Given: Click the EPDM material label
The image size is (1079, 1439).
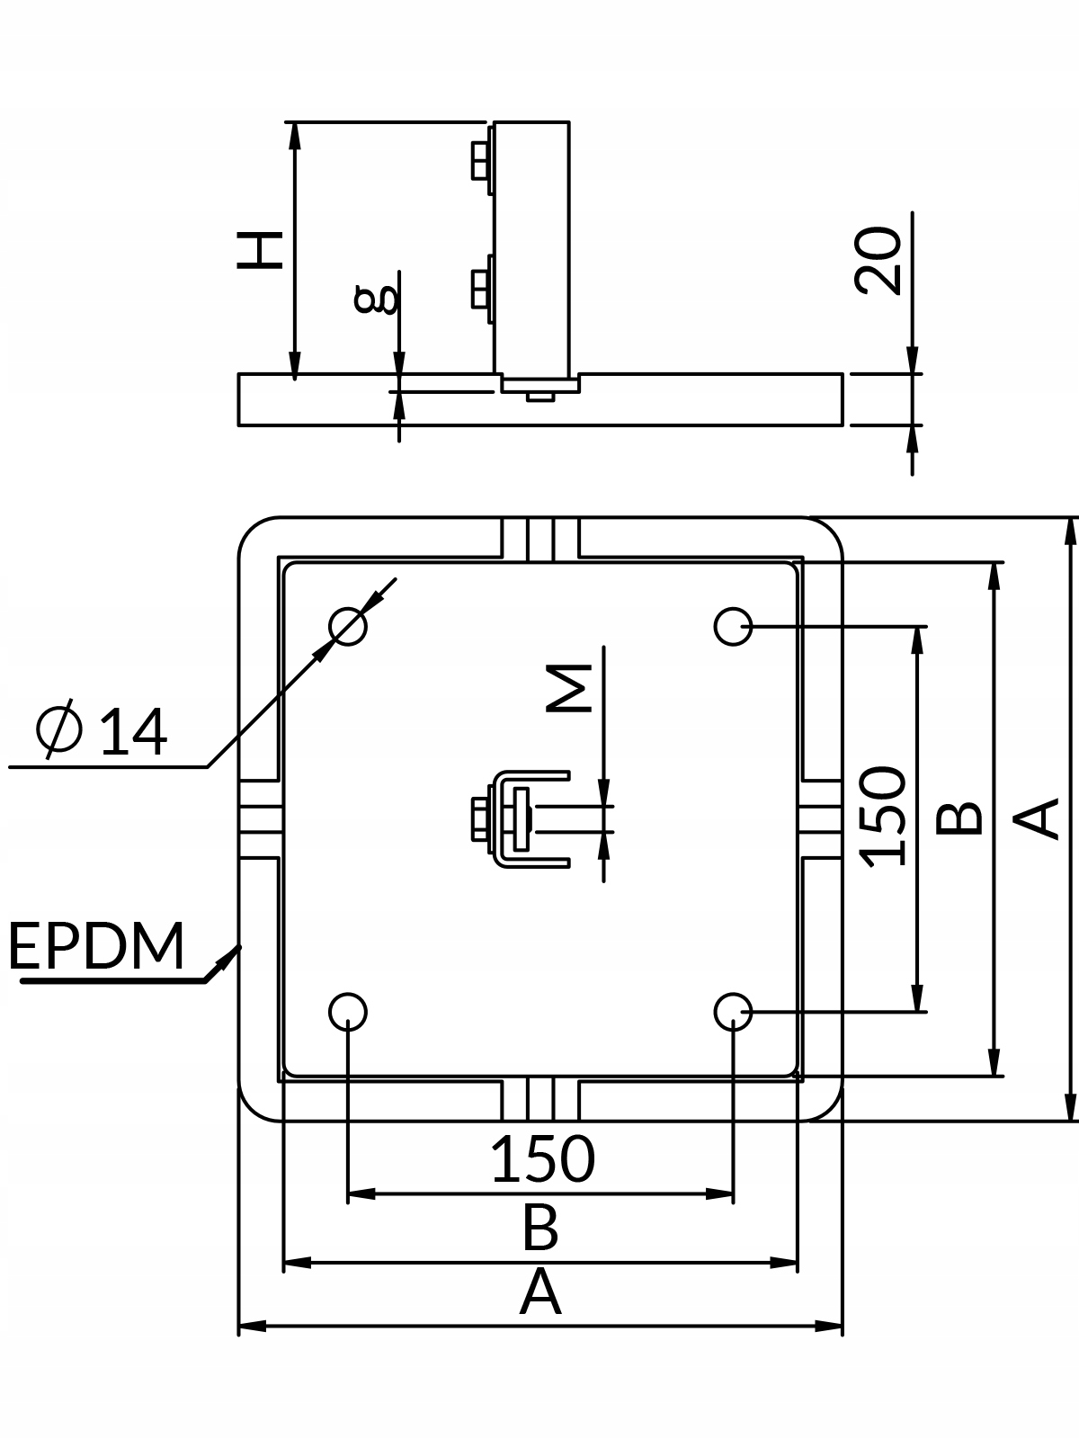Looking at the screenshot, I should [x=96, y=945].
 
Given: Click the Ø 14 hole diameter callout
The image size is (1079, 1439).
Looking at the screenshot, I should [x=101, y=731].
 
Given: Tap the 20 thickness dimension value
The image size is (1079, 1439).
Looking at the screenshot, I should [x=878, y=260].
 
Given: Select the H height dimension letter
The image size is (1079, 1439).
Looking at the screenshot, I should [x=260, y=249].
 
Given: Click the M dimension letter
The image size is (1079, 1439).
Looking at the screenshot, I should [x=570, y=688].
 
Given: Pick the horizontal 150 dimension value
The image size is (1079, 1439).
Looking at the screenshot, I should [x=542, y=1159].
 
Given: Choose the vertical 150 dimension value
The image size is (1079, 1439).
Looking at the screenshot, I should [x=882, y=817].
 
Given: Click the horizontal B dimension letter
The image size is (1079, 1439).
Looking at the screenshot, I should [x=540, y=1229].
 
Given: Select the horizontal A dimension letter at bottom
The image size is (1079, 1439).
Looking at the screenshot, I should [x=540, y=1293].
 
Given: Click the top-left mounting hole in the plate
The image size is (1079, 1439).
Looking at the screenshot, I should [x=348, y=625].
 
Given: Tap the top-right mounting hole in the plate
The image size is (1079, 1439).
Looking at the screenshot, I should [x=733, y=625].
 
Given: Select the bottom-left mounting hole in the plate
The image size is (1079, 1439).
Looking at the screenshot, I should [x=348, y=1012].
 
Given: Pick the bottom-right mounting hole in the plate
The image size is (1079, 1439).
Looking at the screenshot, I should [x=733, y=1012].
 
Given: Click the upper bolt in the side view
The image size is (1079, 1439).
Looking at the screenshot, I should [x=481, y=162].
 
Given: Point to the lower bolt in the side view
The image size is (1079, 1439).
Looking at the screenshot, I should [x=481, y=288].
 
